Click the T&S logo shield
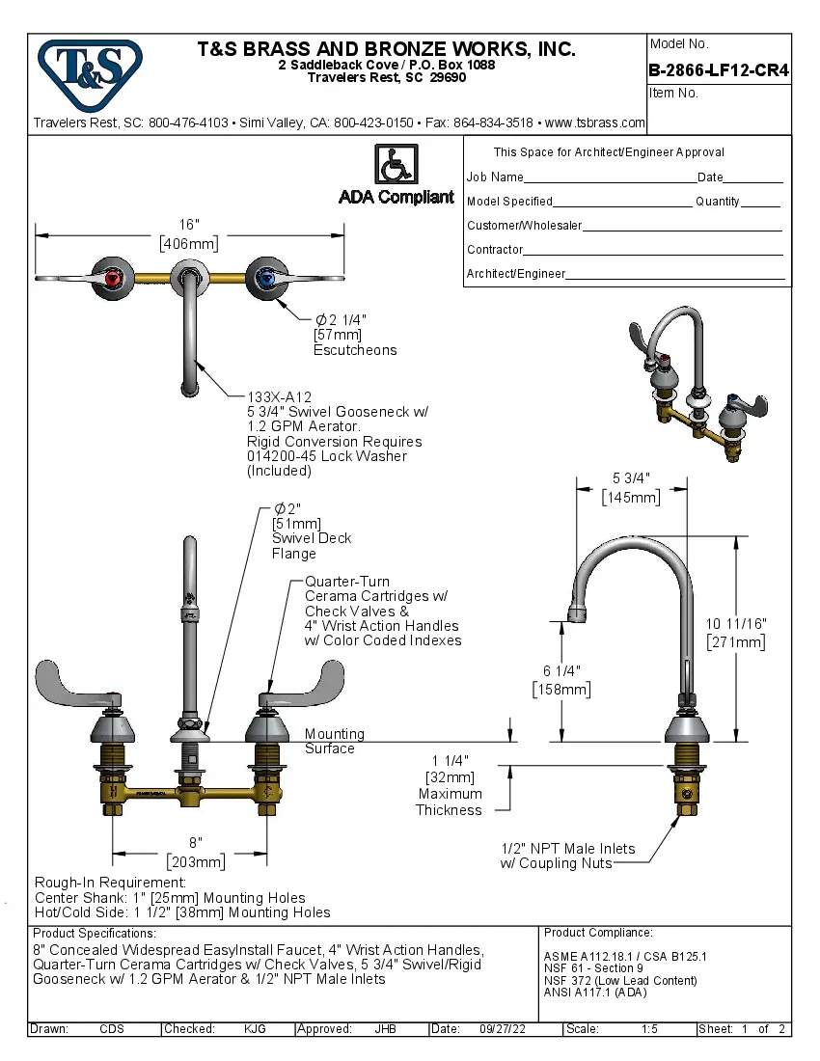[90, 68]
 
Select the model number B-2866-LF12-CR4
[719, 69]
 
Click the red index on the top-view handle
[115, 281]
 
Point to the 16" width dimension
[189, 225]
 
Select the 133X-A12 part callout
[280, 396]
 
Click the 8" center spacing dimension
[196, 843]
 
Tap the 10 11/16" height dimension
[736, 624]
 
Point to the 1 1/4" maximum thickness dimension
[449, 760]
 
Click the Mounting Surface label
[334, 741]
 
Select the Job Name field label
[495, 177]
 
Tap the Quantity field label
[717, 202]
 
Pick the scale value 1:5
[650, 1029]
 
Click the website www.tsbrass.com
[595, 122]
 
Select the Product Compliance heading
[598, 933]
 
